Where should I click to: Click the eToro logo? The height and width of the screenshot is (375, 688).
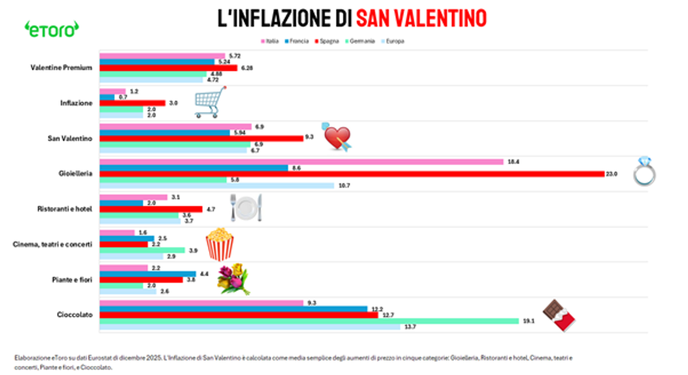click(x=51, y=30)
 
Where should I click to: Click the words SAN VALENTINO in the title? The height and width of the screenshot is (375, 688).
click(x=421, y=18)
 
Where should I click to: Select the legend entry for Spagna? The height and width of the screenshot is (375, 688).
click(x=327, y=41)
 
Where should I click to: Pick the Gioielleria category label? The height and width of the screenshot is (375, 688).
click(x=75, y=174)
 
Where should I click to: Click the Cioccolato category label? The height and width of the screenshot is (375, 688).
click(x=75, y=314)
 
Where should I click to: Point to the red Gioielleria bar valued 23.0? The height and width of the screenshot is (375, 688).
click(x=352, y=174)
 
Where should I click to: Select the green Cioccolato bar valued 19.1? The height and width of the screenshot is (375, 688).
click(x=309, y=321)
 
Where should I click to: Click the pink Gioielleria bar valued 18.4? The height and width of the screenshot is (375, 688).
click(x=301, y=162)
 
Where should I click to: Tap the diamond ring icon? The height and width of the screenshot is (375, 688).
click(x=644, y=171)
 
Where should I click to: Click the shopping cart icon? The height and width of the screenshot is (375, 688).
click(x=210, y=102)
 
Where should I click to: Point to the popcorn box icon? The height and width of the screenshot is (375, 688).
click(x=220, y=244)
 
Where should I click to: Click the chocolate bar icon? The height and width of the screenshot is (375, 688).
click(x=559, y=315)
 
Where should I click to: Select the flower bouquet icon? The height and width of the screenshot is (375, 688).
click(x=233, y=279)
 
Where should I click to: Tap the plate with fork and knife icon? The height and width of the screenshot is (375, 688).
click(x=246, y=208)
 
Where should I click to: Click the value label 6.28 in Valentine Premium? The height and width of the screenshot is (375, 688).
click(x=247, y=68)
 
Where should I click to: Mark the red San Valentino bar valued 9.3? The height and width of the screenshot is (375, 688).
click(x=201, y=138)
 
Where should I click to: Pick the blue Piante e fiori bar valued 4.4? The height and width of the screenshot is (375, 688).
click(x=148, y=274)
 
